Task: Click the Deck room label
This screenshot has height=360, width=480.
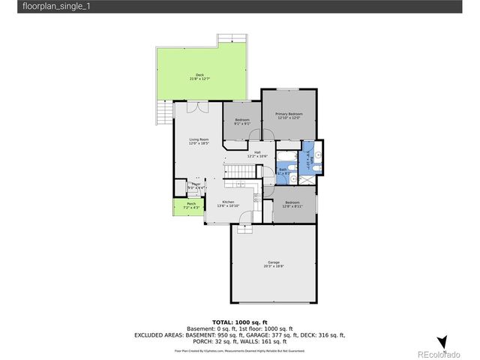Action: [199, 76]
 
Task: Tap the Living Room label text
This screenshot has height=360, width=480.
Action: [199, 141]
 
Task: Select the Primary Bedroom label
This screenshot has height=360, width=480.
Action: [289, 115]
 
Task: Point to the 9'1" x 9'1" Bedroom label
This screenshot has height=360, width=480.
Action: [241, 122]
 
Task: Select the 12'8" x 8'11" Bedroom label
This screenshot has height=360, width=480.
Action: [292, 204]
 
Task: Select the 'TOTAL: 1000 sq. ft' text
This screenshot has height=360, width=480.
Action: [239, 321]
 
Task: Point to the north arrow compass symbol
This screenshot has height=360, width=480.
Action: [442, 342]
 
